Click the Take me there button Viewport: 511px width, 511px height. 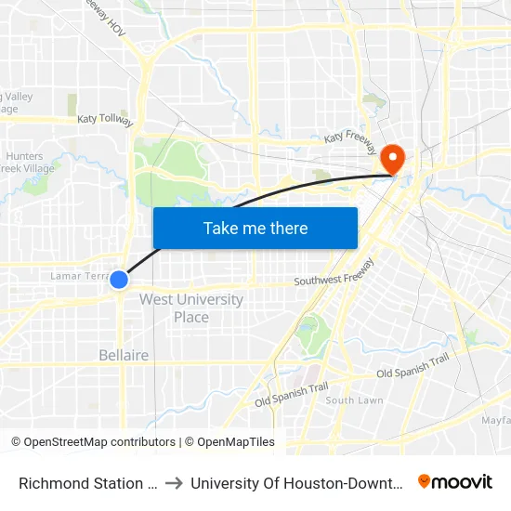255,228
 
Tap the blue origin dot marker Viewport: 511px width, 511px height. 119,279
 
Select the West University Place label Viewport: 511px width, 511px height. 191,308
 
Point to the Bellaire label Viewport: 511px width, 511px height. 124,355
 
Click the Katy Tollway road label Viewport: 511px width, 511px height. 105,120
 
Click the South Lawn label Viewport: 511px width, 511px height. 354,400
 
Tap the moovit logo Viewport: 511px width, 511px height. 455,482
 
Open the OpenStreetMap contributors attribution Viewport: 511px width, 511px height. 93,442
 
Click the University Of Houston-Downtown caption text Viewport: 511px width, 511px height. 295,483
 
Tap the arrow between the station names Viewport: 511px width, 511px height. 174,483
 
